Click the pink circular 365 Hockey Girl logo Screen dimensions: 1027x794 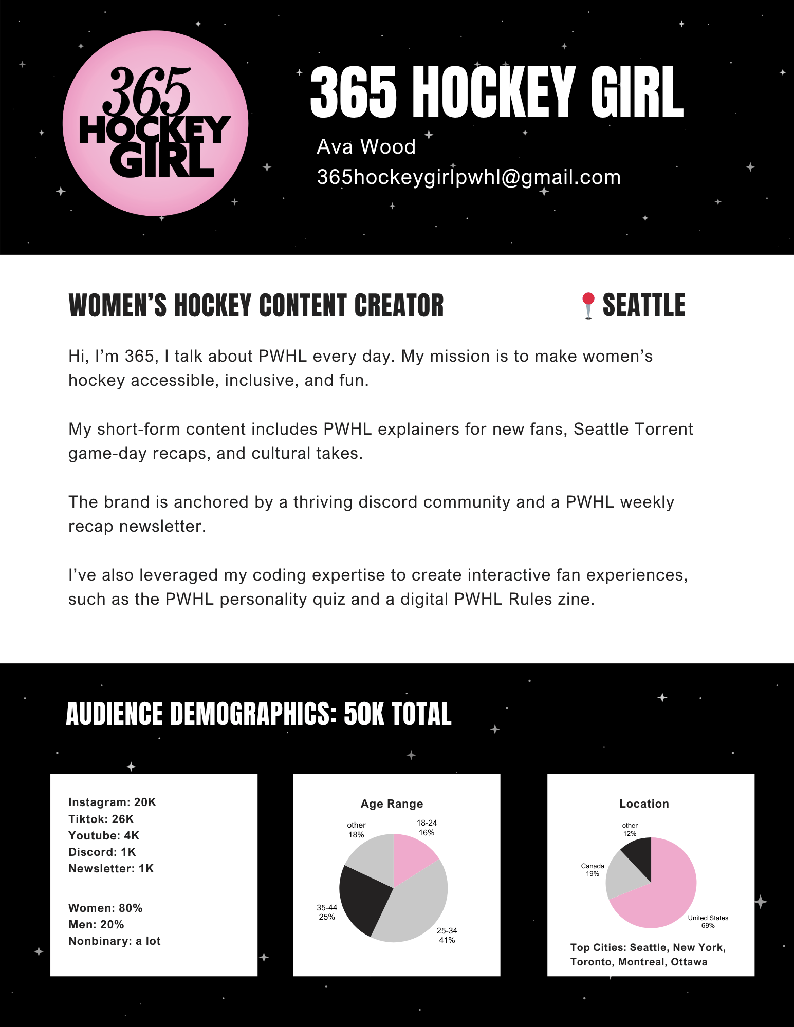coord(155,123)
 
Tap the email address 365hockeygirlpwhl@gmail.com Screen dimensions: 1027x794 coord(468,177)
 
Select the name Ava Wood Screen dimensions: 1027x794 coord(366,147)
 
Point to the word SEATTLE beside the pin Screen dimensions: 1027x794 coord(643,305)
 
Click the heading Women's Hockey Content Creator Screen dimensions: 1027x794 coord(256,306)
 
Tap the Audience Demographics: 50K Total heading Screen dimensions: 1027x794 coord(258,714)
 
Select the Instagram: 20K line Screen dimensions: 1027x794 coord(112,802)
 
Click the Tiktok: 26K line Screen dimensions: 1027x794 coord(101,819)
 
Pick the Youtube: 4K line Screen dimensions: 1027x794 coord(104,835)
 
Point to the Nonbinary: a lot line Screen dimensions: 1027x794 coord(115,941)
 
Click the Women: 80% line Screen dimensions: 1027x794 coord(105,908)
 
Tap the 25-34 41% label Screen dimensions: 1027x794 coord(447,935)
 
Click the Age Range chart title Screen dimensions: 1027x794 coord(392,804)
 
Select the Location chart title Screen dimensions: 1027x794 coord(644,804)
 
